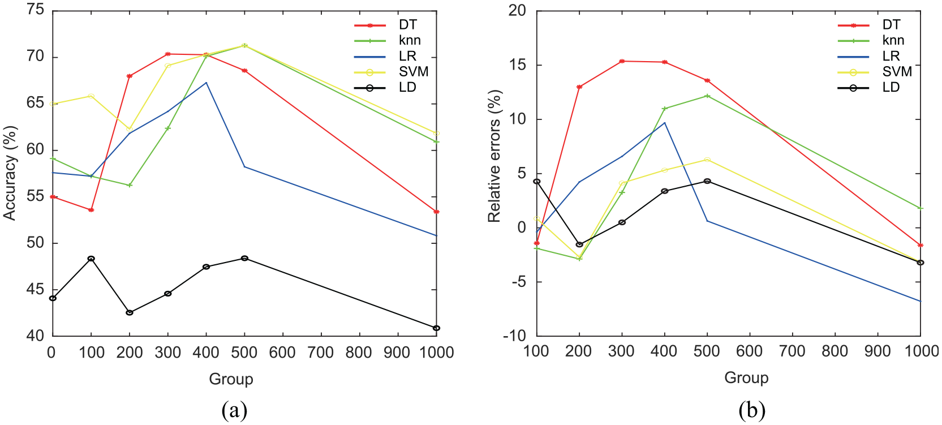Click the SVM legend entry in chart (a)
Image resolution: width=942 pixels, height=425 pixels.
click(391, 72)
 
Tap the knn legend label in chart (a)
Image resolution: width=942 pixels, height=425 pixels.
click(410, 40)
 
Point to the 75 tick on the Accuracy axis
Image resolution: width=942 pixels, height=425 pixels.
click(35, 9)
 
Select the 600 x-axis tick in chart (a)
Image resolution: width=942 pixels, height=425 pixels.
click(283, 352)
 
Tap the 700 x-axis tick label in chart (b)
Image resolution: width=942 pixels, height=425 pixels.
click(792, 351)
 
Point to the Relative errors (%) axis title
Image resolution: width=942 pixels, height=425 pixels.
click(494, 156)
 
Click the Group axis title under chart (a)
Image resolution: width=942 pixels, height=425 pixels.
click(231, 379)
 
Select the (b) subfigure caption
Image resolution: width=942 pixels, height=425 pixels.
click(752, 410)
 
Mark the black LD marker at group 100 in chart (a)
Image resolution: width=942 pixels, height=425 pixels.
click(91, 259)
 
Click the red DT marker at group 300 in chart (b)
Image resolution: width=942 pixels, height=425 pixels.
click(622, 62)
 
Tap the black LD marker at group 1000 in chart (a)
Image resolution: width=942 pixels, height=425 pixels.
click(436, 328)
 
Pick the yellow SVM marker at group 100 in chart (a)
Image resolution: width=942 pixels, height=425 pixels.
click(91, 96)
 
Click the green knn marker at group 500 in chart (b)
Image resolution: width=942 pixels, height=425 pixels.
click(707, 96)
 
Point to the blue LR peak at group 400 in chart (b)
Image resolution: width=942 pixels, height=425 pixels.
click(664, 122)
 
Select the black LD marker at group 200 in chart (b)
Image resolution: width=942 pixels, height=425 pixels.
click(579, 244)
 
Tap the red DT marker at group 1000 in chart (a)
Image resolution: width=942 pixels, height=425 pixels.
click(436, 212)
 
